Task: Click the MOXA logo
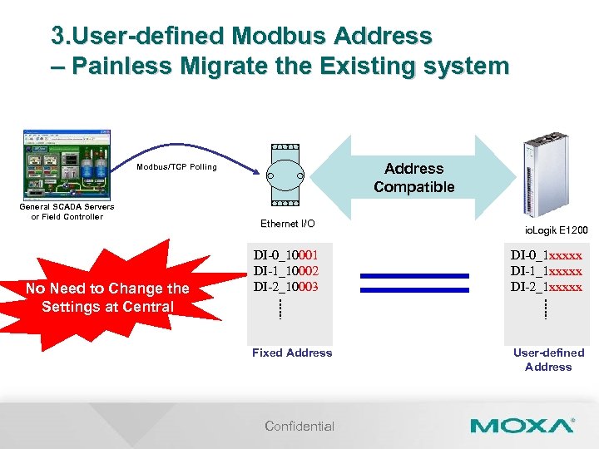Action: [x=522, y=426]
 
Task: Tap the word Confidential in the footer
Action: [x=299, y=426]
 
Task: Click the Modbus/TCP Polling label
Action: [x=176, y=167]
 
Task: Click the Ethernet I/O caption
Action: [x=288, y=224]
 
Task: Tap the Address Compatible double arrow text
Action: [x=413, y=178]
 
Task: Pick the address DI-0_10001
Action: [x=285, y=255]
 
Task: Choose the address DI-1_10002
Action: [x=285, y=271]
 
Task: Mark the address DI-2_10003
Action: [x=285, y=287]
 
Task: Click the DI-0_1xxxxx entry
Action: [x=546, y=255]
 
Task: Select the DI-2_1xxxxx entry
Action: [x=546, y=287]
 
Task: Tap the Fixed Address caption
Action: [x=292, y=353]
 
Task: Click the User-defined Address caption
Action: [x=548, y=359]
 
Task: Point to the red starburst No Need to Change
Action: [x=107, y=297]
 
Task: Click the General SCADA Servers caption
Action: [x=67, y=212]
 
